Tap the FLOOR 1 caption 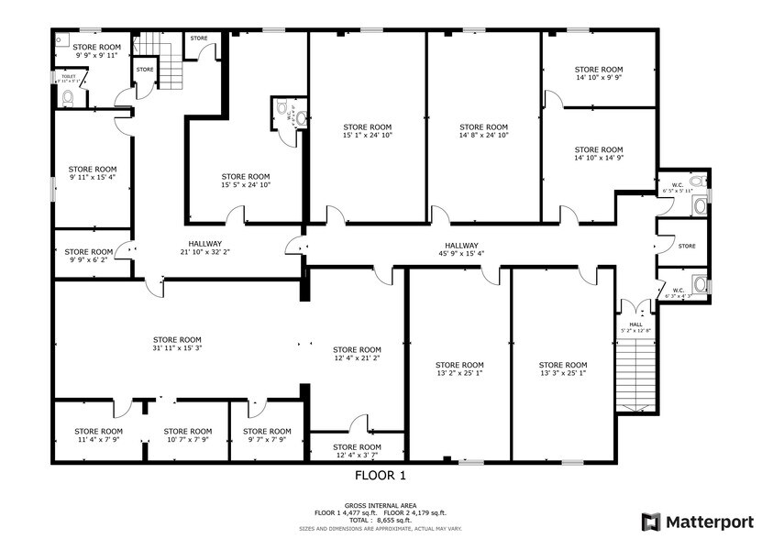tap(380, 476)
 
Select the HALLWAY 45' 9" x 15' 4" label tap(462, 249)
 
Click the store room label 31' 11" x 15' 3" tap(177, 344)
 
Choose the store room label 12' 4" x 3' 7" tap(357, 451)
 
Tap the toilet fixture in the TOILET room tap(68, 96)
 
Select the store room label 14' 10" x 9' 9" tap(598, 74)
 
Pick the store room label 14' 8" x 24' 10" tap(483, 131)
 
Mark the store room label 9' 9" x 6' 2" tap(89, 256)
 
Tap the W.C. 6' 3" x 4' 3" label tap(679, 293)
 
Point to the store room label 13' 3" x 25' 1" tap(562, 368)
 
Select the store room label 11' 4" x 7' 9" tap(98, 435)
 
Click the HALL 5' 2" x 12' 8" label tap(635, 327)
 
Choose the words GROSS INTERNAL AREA tap(380, 505)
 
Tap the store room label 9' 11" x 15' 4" tap(93, 173)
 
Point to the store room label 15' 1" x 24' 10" tap(367, 131)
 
